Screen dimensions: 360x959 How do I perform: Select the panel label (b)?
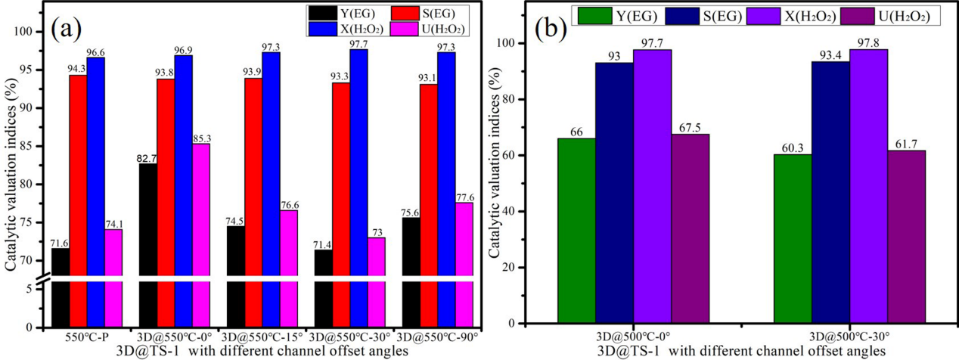point(553,29)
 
